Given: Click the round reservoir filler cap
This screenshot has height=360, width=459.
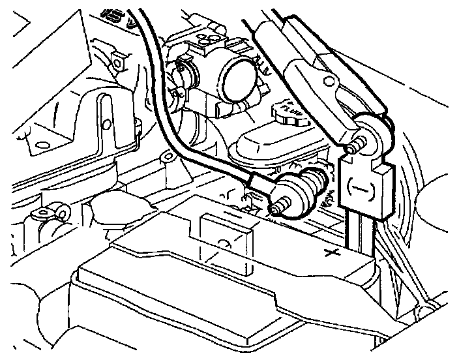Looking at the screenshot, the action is [291, 115].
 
